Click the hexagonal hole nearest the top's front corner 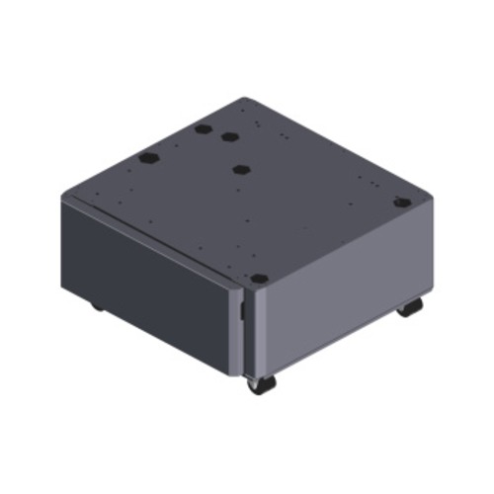[259, 280]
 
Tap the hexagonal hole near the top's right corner [400, 203]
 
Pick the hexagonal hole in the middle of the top [240, 169]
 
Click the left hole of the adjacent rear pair [203, 129]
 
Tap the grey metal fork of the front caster [253, 378]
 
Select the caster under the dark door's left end [97, 305]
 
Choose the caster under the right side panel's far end [410, 307]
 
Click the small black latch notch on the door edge [241, 311]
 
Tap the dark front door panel [148, 272]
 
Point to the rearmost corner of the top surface [245, 97]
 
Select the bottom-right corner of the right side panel [426, 296]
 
